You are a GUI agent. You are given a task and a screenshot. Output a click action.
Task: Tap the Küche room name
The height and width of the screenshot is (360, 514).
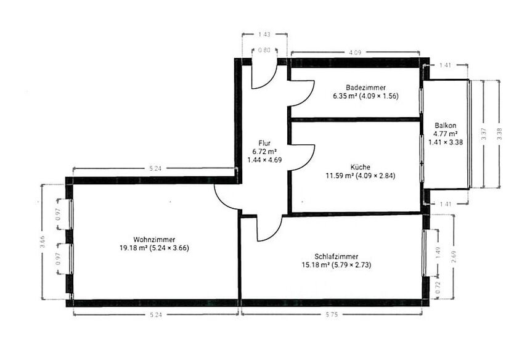pos(360,166)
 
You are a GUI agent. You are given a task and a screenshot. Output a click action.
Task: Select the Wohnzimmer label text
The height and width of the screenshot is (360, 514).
pos(154,239)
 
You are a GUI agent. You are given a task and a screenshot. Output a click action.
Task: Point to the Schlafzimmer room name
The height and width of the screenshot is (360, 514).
pos(337,256)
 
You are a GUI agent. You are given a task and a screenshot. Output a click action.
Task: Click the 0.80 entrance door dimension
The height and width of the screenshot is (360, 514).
pos(264,51)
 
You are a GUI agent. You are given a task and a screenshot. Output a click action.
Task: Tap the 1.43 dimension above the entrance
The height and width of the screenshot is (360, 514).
pos(264,35)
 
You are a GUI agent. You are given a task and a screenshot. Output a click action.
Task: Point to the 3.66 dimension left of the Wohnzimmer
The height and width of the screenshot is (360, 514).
pos(42,241)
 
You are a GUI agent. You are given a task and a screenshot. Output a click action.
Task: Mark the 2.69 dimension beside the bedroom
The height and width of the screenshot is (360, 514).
pos(454,255)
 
